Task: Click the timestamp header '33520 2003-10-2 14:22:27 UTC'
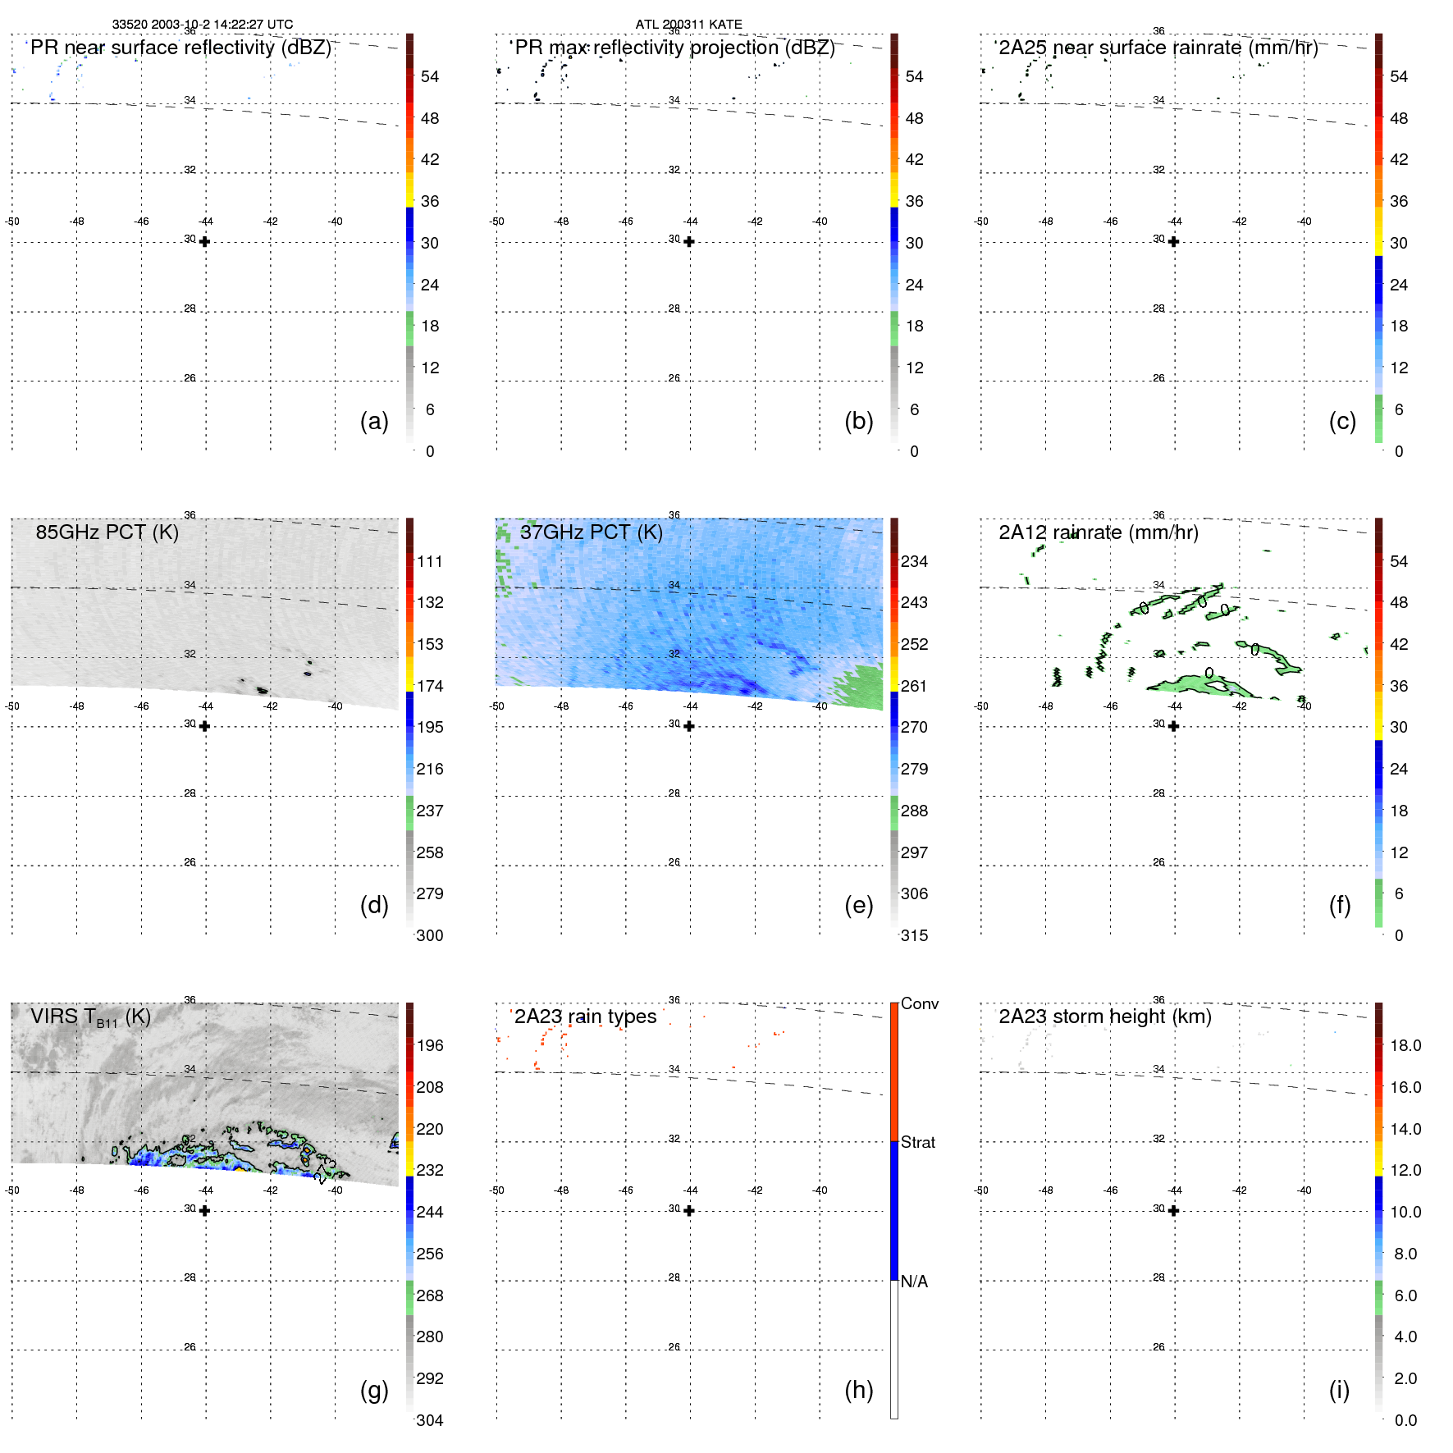point(202,25)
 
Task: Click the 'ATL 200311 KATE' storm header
point(688,25)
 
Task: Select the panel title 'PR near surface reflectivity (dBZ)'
point(180,48)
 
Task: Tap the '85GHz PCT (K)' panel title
point(107,532)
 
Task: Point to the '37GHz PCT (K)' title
point(591,532)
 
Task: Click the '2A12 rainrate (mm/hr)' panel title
point(1098,532)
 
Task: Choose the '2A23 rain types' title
point(585,1017)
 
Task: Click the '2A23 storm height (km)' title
point(1104,1017)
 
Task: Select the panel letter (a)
point(374,421)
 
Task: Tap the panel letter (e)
point(858,905)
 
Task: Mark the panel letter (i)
point(1339,1390)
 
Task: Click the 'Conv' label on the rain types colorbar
point(919,1003)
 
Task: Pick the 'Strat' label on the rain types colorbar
point(917,1142)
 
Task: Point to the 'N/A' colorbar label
point(914,1282)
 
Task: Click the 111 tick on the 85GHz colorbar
point(430,561)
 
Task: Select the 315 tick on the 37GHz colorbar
point(914,935)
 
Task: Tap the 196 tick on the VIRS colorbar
point(430,1045)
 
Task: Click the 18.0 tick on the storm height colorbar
point(1405,1045)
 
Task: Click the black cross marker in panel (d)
point(204,726)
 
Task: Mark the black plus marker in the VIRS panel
point(204,1210)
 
